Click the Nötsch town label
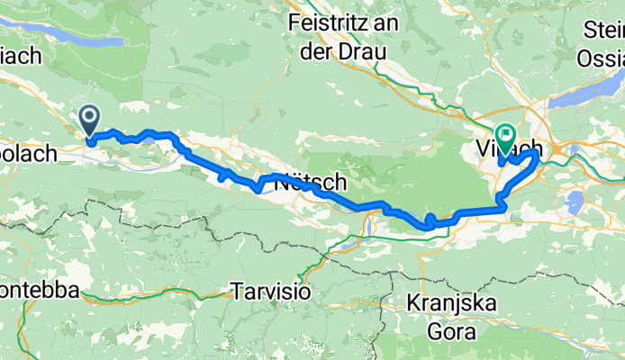tap(314, 181)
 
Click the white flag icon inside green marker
tap(505, 134)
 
